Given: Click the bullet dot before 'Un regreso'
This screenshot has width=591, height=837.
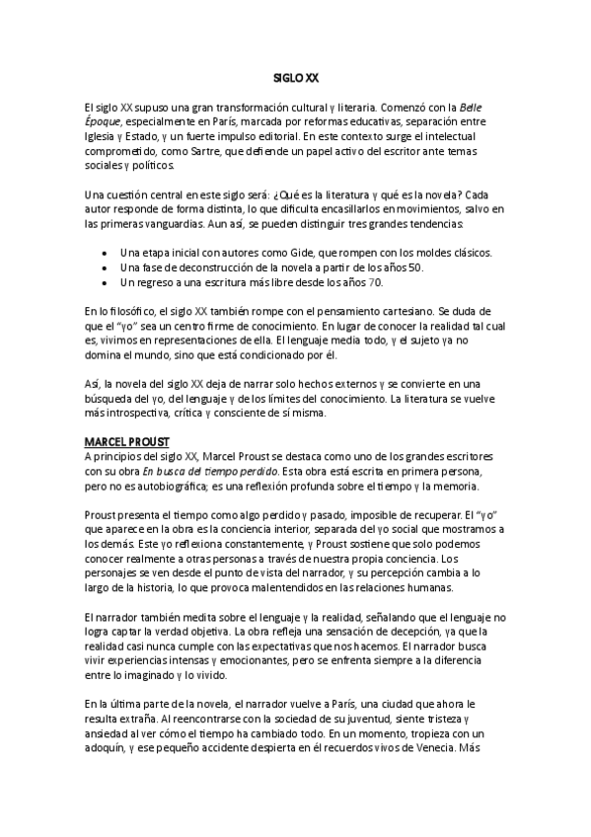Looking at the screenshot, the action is pos(106,283).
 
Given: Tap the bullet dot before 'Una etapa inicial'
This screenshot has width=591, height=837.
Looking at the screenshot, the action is pos(106,254).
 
